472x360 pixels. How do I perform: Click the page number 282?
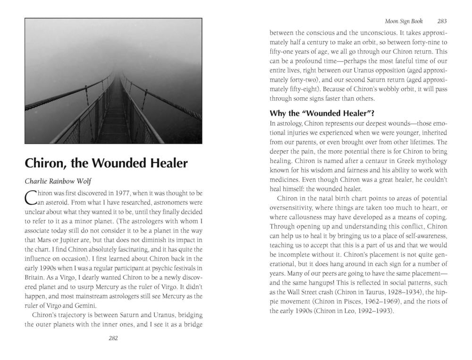113,338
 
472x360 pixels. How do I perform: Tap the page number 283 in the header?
442,21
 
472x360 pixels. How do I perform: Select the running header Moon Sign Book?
404,21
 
